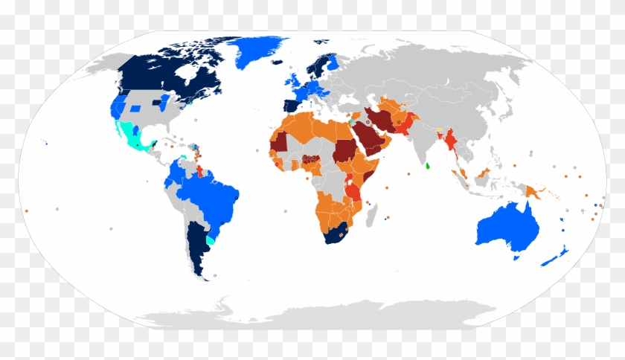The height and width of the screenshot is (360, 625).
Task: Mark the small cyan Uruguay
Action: [x=211, y=240]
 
